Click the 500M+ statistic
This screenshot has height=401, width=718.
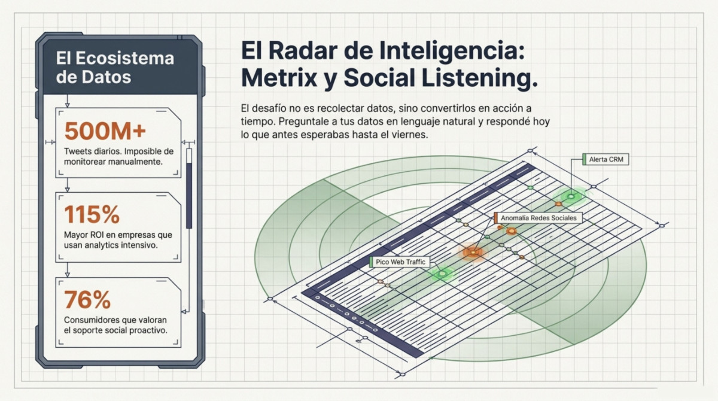(105, 131)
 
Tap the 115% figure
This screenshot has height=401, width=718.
(92, 214)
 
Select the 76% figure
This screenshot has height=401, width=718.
(87, 299)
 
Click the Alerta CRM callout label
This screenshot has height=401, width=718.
(606, 159)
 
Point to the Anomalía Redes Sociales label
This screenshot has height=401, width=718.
(538, 218)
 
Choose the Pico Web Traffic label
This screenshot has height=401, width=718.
(400, 262)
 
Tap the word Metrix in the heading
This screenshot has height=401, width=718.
(279, 78)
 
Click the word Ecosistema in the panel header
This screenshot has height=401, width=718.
(124, 58)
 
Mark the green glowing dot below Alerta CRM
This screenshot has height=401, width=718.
(571, 196)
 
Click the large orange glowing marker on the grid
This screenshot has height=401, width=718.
(473, 252)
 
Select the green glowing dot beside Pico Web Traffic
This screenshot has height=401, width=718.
(442, 274)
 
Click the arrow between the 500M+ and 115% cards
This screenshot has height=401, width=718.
(67, 185)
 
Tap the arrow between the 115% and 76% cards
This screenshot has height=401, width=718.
(67, 270)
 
